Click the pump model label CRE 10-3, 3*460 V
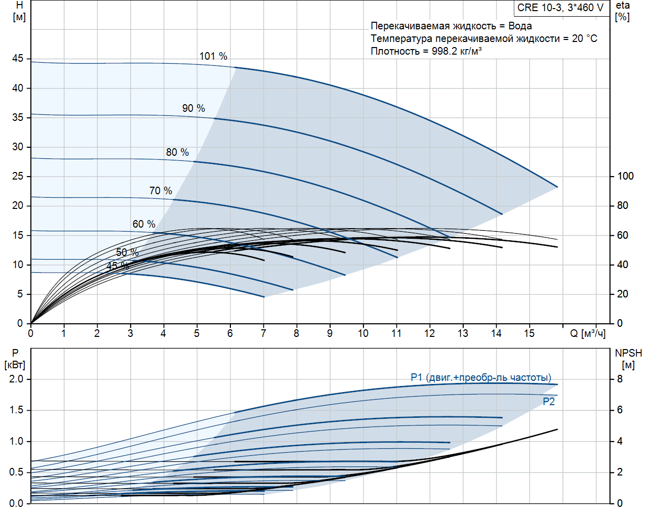coord(560,8)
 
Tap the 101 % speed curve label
coord(213,56)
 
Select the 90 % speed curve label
coord(193,108)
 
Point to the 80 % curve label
coord(177,152)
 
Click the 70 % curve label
coord(160,191)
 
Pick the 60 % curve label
coord(144,224)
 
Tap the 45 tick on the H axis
coord(18,58)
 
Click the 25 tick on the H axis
coord(18,176)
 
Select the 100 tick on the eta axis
coord(625,176)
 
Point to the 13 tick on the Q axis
coord(463,333)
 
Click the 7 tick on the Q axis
coord(263,333)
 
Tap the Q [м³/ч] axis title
coord(588,333)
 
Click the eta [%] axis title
coord(623,11)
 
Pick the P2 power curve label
coord(549,402)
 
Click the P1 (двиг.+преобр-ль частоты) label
coord(481,377)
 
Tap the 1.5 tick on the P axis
coord(16,410)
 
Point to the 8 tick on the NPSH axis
coord(620,379)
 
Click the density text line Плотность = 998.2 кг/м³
coord(426,51)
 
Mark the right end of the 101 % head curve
coord(557,187)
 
